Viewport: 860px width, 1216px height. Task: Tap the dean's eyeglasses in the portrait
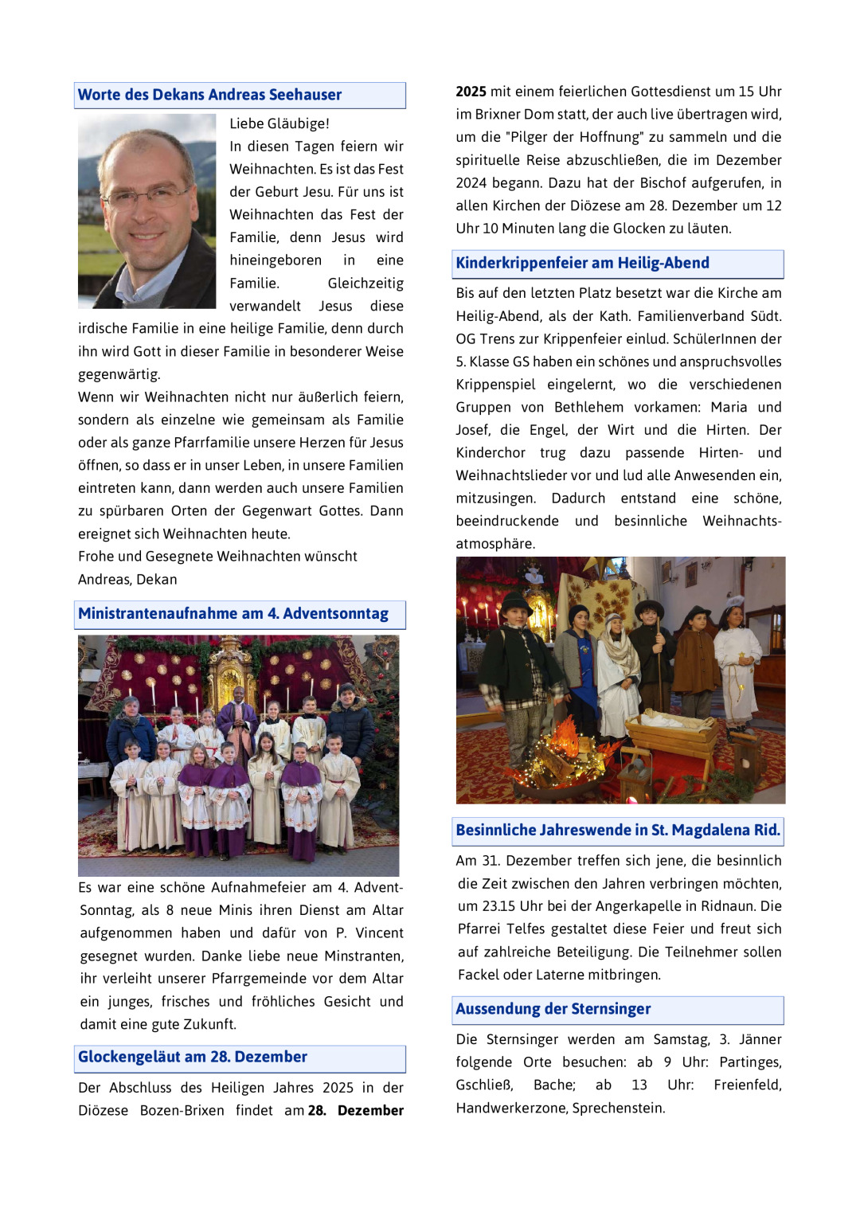coord(148,196)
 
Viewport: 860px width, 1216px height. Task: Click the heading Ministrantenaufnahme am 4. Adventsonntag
coord(233,614)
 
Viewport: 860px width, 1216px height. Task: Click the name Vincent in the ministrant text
coord(379,933)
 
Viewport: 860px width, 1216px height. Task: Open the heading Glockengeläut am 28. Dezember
coord(193,1058)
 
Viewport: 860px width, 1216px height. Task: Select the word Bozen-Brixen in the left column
coord(182,1110)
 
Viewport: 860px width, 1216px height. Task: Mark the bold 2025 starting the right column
coord(471,92)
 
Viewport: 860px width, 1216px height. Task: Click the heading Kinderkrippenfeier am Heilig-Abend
coord(582,264)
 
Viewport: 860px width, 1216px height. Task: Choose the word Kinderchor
coord(491,453)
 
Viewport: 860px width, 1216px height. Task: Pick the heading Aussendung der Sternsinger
coord(553,1010)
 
